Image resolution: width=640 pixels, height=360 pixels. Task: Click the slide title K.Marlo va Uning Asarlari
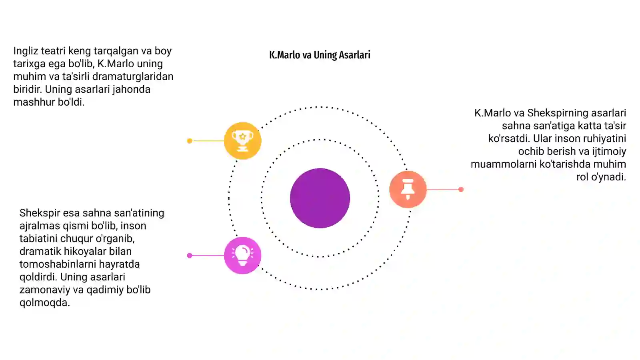point(320,55)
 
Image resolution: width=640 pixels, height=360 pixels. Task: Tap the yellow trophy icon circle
point(242,140)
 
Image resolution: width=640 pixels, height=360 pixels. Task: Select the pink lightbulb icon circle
point(242,256)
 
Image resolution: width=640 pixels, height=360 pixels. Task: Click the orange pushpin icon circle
point(408,189)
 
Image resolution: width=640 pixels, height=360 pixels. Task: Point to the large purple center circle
point(320,198)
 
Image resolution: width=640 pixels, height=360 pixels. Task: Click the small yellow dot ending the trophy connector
point(190,140)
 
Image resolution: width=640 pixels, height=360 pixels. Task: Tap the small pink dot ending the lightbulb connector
point(190,256)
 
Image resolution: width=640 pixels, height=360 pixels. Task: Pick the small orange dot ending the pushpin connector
point(461,189)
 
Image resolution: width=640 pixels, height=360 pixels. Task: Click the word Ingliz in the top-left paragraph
point(26,51)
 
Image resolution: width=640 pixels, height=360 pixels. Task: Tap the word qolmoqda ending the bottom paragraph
point(44,303)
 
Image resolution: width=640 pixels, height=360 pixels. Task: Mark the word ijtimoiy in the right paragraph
point(609,152)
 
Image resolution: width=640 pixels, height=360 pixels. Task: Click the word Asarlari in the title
point(354,55)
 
